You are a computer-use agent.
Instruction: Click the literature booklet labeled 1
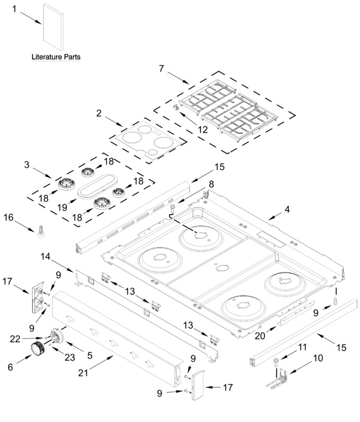pos(53,27)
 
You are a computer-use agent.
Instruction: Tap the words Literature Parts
pos(56,57)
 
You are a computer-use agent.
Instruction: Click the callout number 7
pos(161,69)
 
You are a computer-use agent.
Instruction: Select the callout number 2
pos(99,113)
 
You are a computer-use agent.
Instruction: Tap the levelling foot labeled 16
pos(41,232)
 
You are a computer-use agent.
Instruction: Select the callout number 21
pos(83,373)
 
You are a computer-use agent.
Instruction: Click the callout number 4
pos(287,209)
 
